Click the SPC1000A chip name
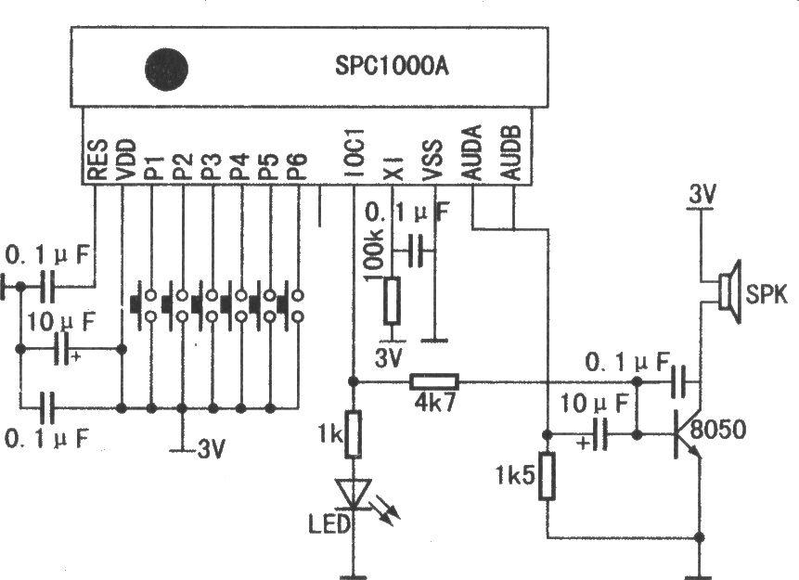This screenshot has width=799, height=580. coord(392,67)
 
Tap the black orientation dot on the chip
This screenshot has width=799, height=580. coord(167,69)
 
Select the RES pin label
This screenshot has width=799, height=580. coord(97,160)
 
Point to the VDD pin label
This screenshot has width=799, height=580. coord(125,160)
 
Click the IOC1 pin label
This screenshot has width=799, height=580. coord(354,153)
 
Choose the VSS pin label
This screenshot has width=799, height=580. coord(432,160)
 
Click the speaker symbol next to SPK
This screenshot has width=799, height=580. coord(729,291)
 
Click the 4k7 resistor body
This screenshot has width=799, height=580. coord(434,381)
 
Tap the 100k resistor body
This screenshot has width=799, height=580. coord(392,300)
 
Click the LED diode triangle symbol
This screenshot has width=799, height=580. coord(354,494)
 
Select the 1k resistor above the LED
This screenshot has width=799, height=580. coord(354,434)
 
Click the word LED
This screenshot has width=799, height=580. coord(330,524)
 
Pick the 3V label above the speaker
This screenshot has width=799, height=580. coord(702,194)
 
